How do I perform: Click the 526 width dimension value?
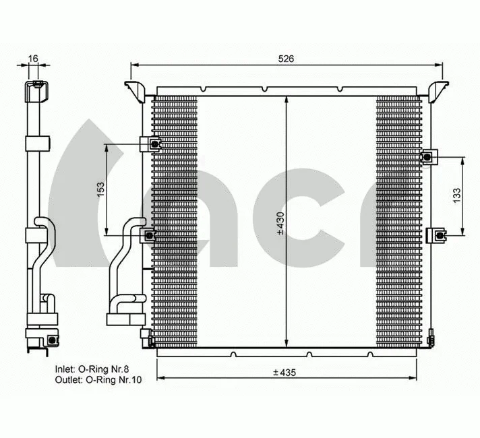point(287,59)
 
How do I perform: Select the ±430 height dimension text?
point(280,223)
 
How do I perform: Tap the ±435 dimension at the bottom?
point(285,372)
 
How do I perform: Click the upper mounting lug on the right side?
point(429,157)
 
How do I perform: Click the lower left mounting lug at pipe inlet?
point(148,234)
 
